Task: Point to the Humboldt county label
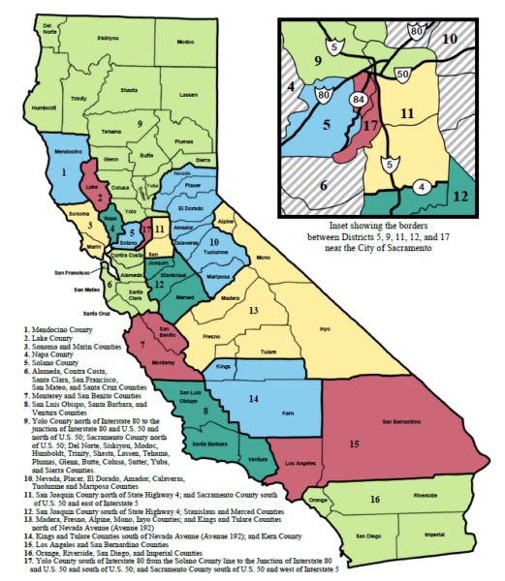pos(45,107)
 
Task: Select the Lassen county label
pos(189,95)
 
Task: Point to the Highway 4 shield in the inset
pos(424,186)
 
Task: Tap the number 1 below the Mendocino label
pos(64,170)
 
